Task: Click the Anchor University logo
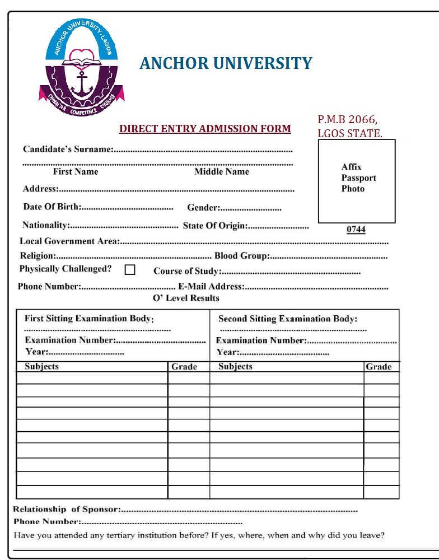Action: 81,68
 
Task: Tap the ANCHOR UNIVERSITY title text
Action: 226,63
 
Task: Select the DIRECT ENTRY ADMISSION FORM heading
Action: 205,129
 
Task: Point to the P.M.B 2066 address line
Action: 348,119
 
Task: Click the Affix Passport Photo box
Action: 357,181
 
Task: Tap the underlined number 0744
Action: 356,230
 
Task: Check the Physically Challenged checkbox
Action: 130,269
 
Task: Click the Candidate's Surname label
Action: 68,150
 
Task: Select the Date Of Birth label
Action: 52,207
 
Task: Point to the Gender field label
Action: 203,208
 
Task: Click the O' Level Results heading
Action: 186,298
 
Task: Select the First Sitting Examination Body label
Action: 89,319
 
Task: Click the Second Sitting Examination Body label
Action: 287,319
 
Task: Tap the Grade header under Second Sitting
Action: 378,367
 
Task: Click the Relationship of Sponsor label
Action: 67,510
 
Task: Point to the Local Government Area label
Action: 69,241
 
